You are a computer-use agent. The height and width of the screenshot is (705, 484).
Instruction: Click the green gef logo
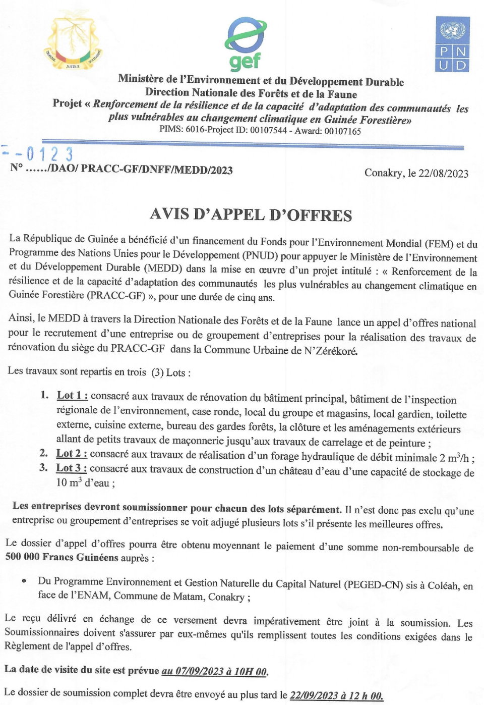click(x=245, y=44)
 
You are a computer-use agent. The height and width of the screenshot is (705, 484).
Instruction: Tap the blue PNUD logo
click(x=452, y=44)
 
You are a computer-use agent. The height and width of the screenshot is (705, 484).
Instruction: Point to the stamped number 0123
click(x=49, y=153)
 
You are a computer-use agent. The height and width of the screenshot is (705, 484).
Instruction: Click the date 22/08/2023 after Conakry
click(x=443, y=174)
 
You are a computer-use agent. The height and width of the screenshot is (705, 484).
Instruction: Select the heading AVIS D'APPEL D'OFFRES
click(x=251, y=215)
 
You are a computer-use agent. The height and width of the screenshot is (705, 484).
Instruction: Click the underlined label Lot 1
click(x=72, y=396)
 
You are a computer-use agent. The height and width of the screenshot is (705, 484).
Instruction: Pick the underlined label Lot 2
click(x=71, y=454)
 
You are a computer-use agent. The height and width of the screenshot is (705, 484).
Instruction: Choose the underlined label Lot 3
click(x=71, y=468)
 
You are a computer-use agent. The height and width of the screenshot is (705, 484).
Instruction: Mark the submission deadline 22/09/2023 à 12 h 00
click(x=336, y=695)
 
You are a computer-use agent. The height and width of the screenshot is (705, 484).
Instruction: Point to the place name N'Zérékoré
click(x=331, y=351)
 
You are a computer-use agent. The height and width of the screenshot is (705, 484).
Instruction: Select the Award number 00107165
click(x=342, y=131)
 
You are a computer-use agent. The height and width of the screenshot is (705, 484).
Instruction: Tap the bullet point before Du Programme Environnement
click(x=24, y=581)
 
